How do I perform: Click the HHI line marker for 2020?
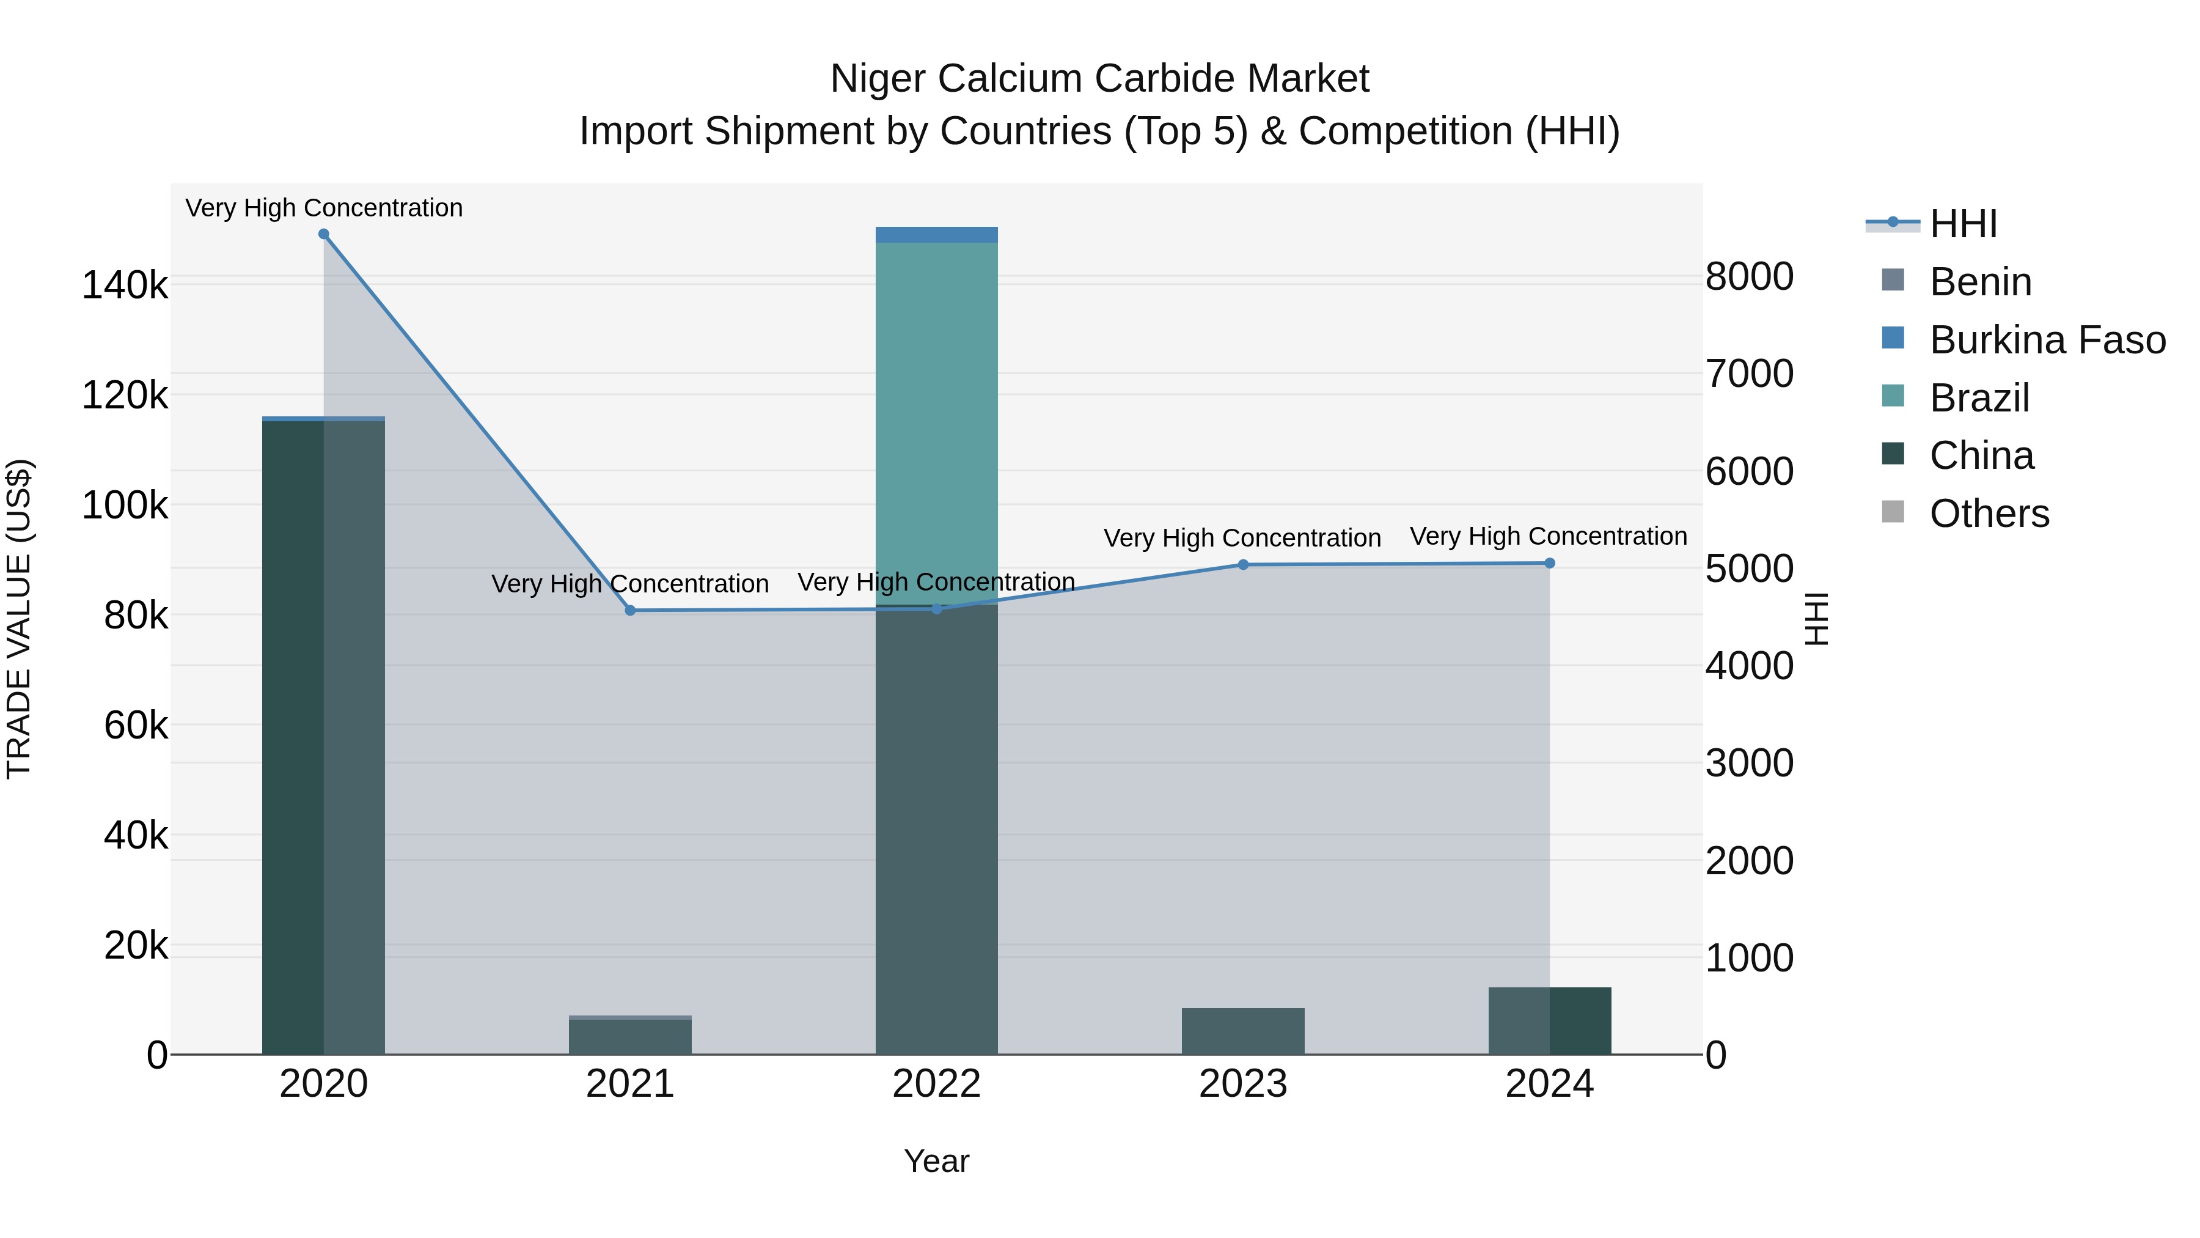[x=324, y=234]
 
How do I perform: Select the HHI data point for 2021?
[x=630, y=610]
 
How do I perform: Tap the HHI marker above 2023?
[x=1242, y=565]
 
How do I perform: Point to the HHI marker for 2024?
[x=1549, y=563]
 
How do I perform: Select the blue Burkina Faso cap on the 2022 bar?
[x=937, y=235]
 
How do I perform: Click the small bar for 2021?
[x=630, y=1036]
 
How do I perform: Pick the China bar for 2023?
[x=1242, y=1031]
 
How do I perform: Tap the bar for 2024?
[x=1549, y=1021]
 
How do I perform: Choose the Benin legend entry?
[x=1979, y=282]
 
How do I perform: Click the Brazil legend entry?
[x=1979, y=398]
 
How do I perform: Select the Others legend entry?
[x=1988, y=514]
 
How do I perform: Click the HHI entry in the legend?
[x=1962, y=224]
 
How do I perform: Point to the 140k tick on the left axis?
[x=125, y=286]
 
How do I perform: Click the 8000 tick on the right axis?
[x=1749, y=277]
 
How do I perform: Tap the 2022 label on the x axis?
[x=937, y=1084]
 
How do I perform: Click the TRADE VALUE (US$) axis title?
[x=19, y=619]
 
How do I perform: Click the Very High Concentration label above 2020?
[x=324, y=208]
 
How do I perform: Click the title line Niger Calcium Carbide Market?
[x=1099, y=79]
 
